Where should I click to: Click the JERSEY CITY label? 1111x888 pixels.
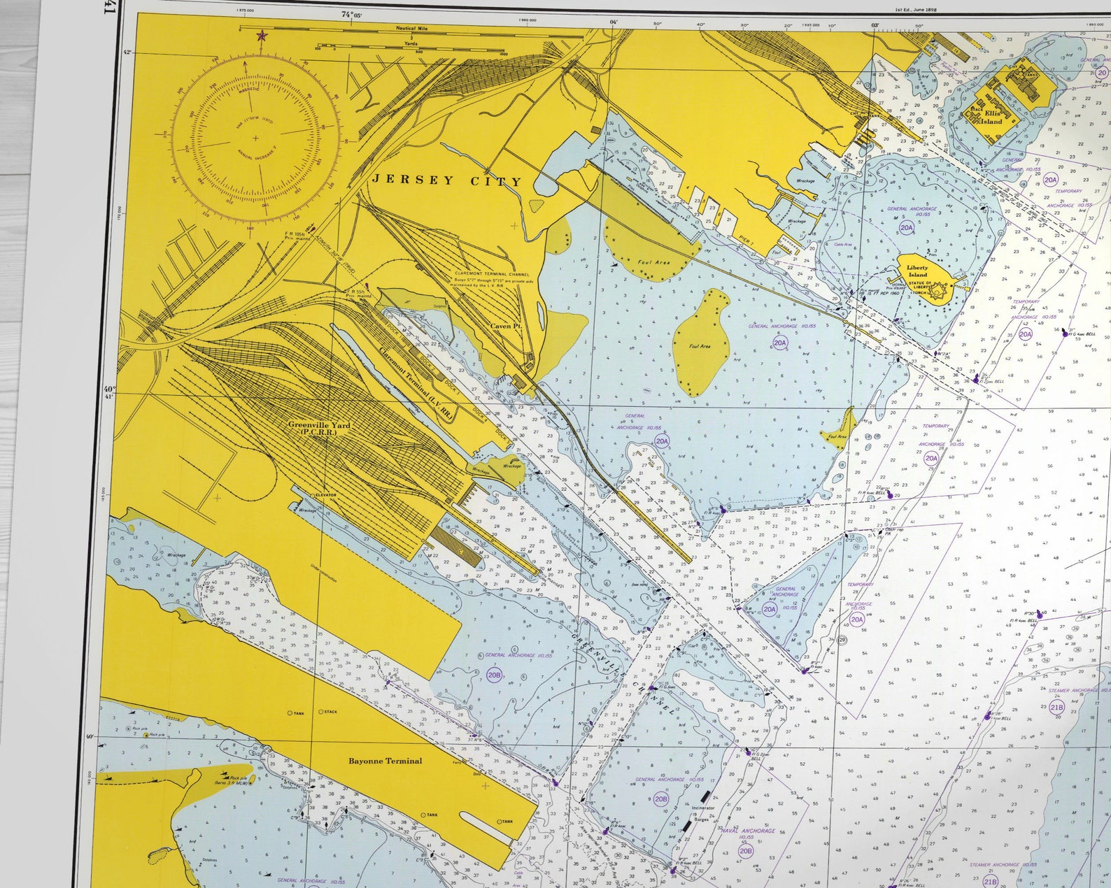(x=446, y=180)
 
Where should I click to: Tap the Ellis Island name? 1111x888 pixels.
(x=992, y=117)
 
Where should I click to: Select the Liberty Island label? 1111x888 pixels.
(x=917, y=271)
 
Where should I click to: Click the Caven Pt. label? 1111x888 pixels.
(x=505, y=327)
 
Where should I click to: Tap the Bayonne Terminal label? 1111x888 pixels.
(x=385, y=761)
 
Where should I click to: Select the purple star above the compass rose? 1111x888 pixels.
(x=262, y=36)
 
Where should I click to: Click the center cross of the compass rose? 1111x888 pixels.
(x=255, y=138)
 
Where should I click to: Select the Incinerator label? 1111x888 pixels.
(x=703, y=808)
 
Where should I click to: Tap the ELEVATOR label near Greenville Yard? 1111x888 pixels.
(x=325, y=495)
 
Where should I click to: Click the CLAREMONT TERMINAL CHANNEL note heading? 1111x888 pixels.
(x=492, y=274)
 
